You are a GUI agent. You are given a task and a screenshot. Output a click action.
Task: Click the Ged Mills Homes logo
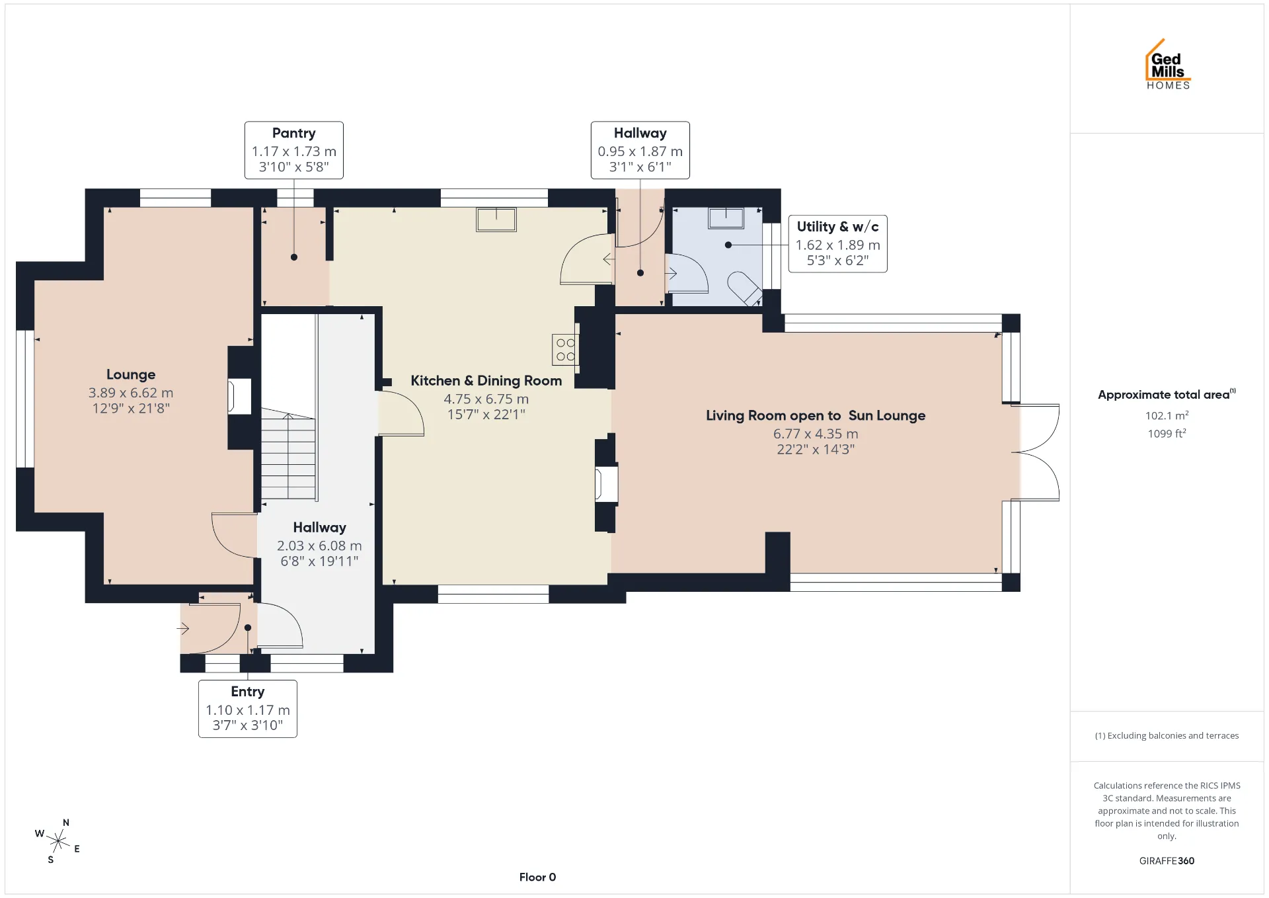(1168, 64)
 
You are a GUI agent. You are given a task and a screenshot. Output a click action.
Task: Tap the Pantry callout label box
(294, 150)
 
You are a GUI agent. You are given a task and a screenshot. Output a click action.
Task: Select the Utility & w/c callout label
(837, 243)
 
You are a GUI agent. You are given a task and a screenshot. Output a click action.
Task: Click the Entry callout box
(248, 709)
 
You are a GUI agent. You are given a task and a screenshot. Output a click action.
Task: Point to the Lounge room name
(131, 374)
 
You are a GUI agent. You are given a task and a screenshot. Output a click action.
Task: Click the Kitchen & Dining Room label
(486, 380)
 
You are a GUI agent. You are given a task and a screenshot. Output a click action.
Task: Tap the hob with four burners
(565, 350)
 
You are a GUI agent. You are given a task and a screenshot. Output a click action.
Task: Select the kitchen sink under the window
(496, 220)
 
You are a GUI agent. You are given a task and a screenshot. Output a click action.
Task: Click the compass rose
(58, 841)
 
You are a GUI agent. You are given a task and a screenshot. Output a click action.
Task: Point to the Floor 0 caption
(537, 877)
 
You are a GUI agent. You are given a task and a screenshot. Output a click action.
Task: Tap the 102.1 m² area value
(1167, 415)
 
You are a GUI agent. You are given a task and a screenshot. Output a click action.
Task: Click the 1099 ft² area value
(1167, 433)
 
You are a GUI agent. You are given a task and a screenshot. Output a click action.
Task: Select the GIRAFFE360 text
(1167, 860)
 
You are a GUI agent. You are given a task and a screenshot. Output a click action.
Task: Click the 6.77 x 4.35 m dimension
(816, 434)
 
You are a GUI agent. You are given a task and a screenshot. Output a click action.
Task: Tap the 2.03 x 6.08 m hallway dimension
(319, 546)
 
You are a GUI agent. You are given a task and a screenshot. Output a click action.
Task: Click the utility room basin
(726, 218)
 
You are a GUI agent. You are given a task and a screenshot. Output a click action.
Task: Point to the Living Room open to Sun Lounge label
(816, 415)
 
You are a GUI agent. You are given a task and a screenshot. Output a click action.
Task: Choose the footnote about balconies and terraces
(1167, 735)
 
